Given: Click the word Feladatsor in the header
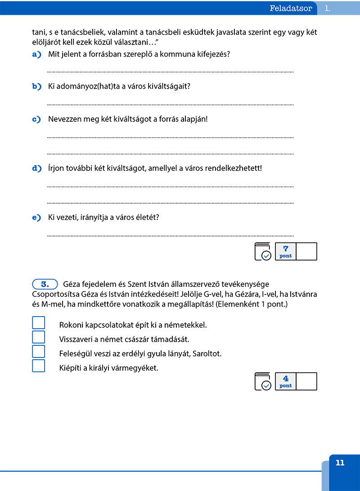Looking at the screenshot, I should click(291, 8).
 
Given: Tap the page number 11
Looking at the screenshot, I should click(340, 463).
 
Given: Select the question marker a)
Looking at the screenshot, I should click(36, 54).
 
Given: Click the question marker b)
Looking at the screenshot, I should click(36, 86).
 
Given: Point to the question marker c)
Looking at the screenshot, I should click(36, 120).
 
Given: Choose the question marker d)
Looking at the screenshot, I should click(36, 169).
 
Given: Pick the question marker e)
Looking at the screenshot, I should click(36, 218).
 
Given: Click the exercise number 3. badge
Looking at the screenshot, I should click(45, 284).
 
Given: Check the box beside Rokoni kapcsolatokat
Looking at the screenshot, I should click(39, 323).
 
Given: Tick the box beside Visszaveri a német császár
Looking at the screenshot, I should click(39, 337).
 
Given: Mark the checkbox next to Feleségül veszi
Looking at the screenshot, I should click(39, 352).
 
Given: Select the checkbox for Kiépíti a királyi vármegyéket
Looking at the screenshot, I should click(39, 366).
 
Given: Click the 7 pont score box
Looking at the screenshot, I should click(286, 251).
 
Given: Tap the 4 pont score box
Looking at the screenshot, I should click(286, 381).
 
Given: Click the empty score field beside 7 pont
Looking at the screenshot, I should click(307, 251).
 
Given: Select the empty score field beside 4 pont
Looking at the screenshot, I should click(307, 381).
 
